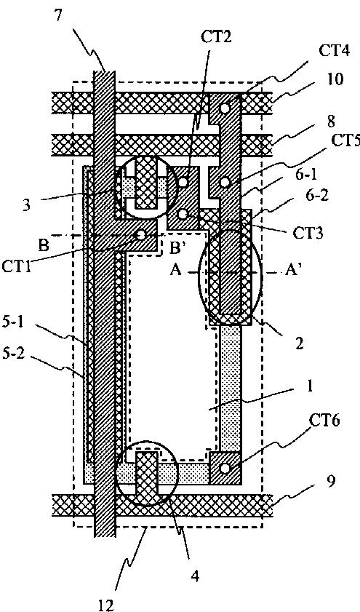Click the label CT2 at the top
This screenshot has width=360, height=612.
[216, 38]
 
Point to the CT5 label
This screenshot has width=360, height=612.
[346, 141]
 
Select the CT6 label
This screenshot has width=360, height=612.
[325, 421]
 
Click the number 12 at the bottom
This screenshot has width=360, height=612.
[105, 604]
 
